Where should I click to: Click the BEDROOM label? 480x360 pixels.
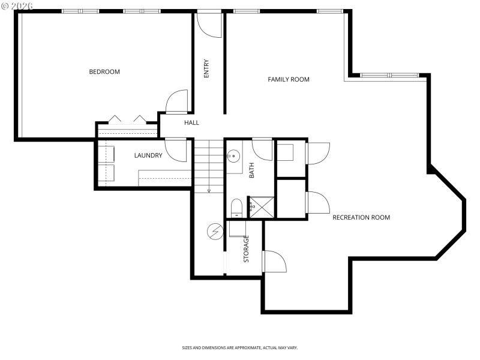click(x=104, y=72)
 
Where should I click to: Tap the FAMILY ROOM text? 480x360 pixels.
click(x=288, y=79)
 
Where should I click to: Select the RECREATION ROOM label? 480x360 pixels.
click(x=361, y=217)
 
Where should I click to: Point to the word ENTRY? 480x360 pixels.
click(x=207, y=68)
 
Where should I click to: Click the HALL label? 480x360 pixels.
click(x=191, y=122)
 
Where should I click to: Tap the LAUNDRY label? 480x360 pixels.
click(x=148, y=155)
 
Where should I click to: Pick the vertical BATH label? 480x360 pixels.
click(x=252, y=170)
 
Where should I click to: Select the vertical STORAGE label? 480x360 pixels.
click(x=246, y=249)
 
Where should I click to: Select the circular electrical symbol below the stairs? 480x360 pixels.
click(x=214, y=230)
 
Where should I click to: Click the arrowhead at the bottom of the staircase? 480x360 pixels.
click(x=209, y=191)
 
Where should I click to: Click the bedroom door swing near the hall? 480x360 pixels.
click(x=178, y=102)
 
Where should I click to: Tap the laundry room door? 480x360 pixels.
click(x=177, y=150)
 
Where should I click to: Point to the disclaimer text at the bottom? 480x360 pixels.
click(x=240, y=347)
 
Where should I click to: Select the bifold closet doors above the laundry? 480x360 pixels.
click(x=127, y=119)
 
